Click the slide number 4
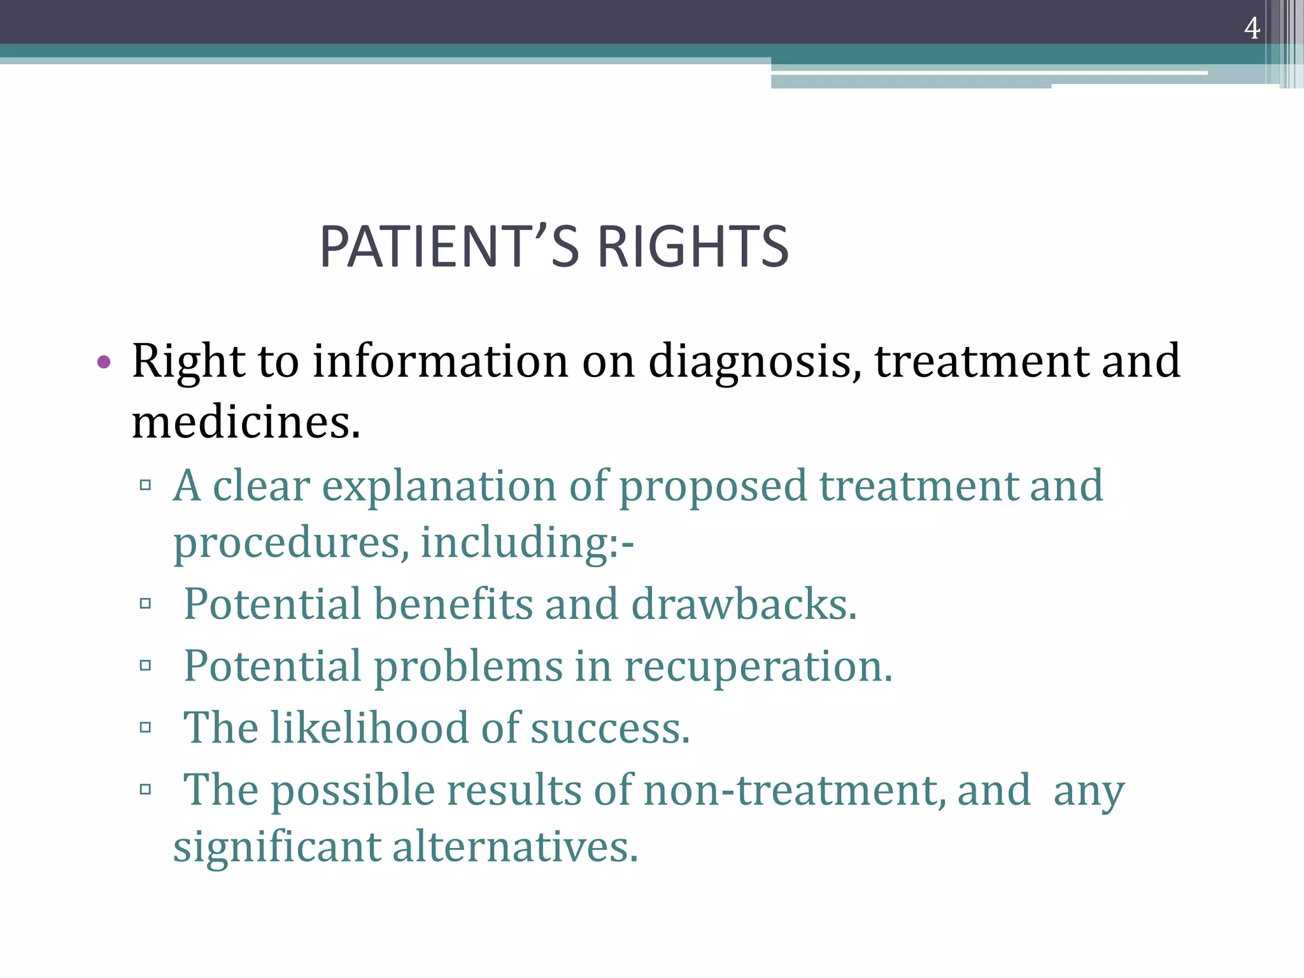(1252, 28)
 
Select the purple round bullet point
(104, 362)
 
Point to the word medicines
(246, 423)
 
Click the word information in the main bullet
(441, 361)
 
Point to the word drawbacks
(744, 604)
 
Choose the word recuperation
(758, 667)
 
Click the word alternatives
(514, 847)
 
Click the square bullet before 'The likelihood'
(145, 727)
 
